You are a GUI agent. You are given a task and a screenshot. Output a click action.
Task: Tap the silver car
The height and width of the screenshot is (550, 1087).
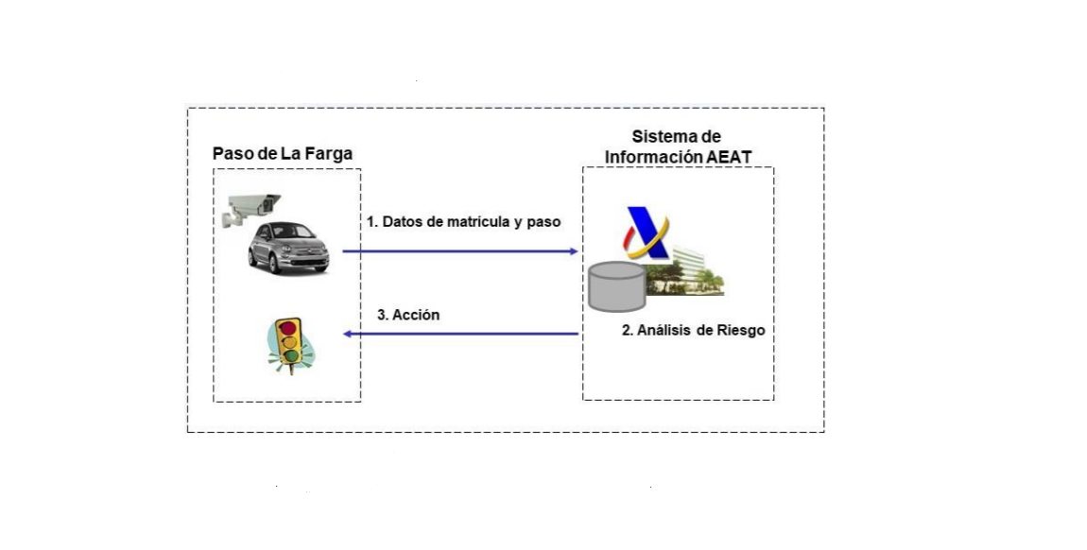287,248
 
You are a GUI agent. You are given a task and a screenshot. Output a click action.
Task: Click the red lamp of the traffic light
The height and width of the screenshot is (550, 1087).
287,328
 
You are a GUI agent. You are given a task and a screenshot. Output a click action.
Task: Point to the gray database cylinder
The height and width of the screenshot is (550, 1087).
616,286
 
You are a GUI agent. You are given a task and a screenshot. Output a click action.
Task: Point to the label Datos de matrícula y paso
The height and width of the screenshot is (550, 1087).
464,222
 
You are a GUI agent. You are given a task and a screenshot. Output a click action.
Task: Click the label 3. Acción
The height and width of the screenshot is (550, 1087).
408,315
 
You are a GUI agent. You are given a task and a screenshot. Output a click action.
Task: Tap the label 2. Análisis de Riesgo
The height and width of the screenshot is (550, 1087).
693,331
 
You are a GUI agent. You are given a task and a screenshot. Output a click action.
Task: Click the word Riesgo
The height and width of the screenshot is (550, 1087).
740,331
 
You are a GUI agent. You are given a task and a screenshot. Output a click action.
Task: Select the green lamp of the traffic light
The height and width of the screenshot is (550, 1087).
290,356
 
